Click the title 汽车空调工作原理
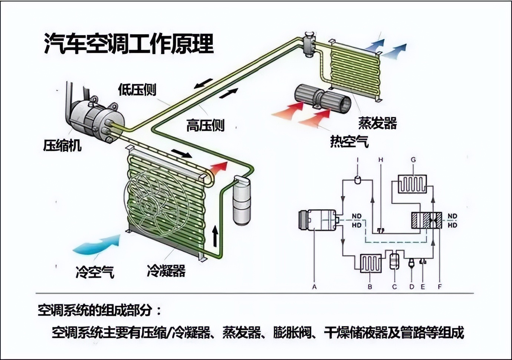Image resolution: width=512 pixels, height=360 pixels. (129, 44)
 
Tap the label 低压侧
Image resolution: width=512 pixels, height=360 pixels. (137, 89)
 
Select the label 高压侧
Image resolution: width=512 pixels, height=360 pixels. (205, 125)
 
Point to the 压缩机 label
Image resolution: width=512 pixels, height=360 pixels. (62, 145)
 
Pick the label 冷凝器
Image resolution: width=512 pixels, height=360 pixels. (166, 271)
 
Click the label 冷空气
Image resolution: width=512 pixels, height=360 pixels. (95, 272)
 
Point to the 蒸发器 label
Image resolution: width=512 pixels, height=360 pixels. (377, 123)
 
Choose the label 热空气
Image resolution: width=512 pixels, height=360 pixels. (349, 141)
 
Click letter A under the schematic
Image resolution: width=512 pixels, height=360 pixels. (314, 287)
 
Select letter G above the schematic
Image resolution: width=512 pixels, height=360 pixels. (413, 160)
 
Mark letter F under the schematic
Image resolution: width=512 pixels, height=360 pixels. (440, 287)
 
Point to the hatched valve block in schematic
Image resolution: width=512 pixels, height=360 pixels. (427, 220)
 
